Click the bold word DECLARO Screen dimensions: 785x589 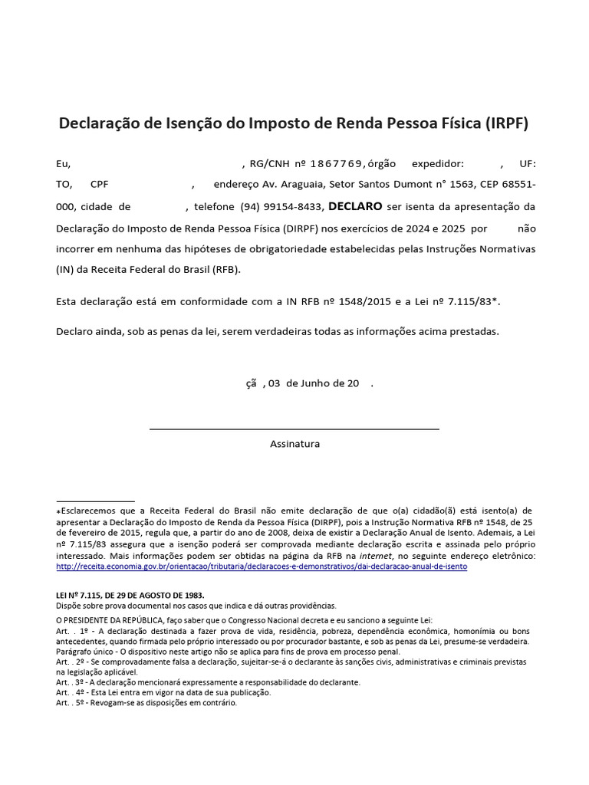click(355, 206)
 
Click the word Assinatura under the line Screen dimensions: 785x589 click(294, 444)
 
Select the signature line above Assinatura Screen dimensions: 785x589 click(294, 429)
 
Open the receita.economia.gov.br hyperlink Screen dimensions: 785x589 click(262, 567)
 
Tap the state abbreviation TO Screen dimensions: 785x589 click(64, 185)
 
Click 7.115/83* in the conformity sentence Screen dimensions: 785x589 click(475, 302)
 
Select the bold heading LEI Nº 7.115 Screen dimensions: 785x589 click(130, 595)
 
